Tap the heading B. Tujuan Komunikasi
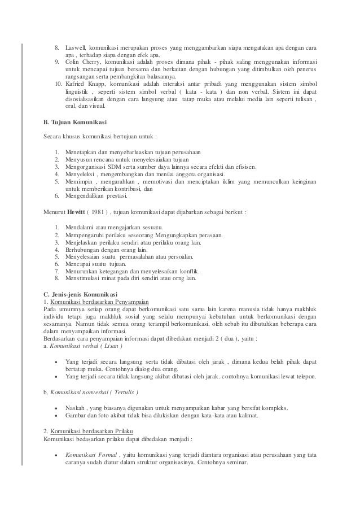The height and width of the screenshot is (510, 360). [x=77, y=121]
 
